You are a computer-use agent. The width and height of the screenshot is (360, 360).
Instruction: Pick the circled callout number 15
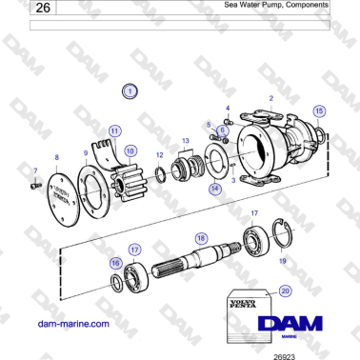click(319, 111)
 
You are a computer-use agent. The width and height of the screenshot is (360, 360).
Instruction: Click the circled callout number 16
click(116, 264)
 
